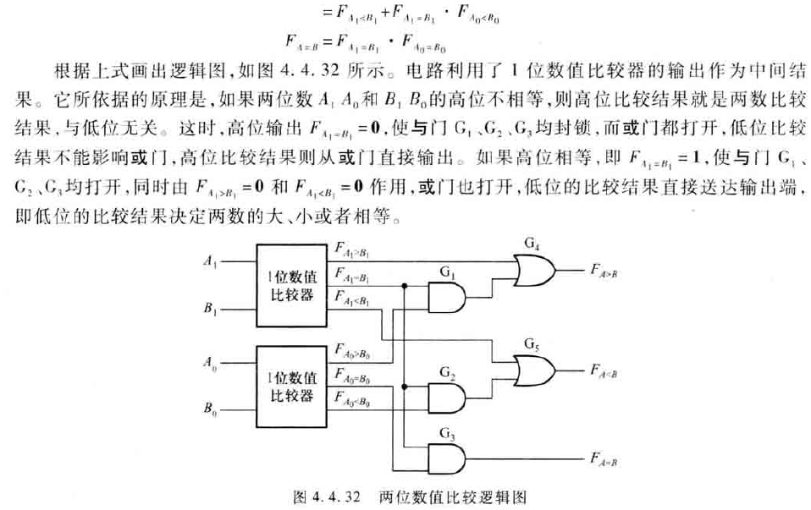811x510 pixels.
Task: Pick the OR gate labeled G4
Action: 534,270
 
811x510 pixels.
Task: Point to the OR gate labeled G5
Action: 534,370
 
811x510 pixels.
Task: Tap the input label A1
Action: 210,262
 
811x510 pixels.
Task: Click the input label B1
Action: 210,310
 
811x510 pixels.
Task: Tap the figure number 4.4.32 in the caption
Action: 348,496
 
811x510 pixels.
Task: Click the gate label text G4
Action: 532,244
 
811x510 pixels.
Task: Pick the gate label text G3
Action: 446,433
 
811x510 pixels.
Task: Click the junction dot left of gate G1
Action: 406,287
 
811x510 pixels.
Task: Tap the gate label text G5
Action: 532,343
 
